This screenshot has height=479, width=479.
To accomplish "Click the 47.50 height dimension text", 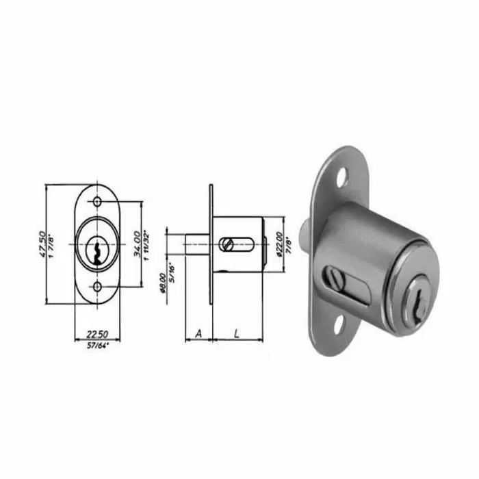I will pyautogui.click(x=40, y=244).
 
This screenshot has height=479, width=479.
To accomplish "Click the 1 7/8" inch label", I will pyautogui.click(x=51, y=244).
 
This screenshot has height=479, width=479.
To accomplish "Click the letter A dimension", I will pyautogui.click(x=198, y=333).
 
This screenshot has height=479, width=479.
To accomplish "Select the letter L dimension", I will pyautogui.click(x=235, y=333).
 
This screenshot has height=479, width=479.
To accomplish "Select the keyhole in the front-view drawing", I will pyautogui.click(x=99, y=249).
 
